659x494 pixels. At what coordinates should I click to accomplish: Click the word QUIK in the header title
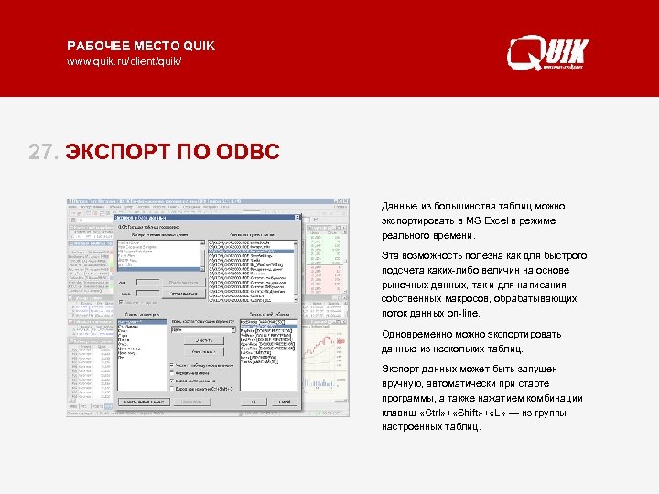(x=199, y=46)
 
